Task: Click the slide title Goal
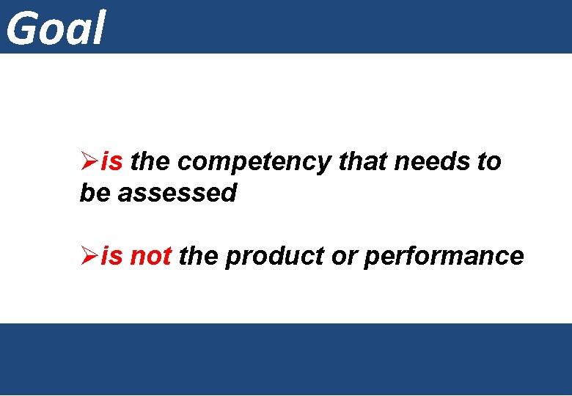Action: pos(56,28)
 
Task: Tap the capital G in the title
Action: pos(22,28)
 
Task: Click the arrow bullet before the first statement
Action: pos(89,161)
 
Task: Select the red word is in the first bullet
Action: pos(112,161)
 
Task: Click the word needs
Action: pos(432,161)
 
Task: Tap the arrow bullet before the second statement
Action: pos(89,256)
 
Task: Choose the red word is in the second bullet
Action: pos(112,256)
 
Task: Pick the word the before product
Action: pos(198,256)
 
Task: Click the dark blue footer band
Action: pos(286,359)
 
